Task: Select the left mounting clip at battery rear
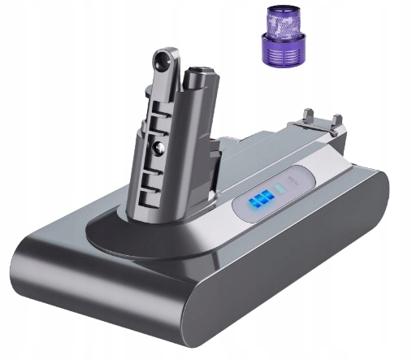tap(309, 116)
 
